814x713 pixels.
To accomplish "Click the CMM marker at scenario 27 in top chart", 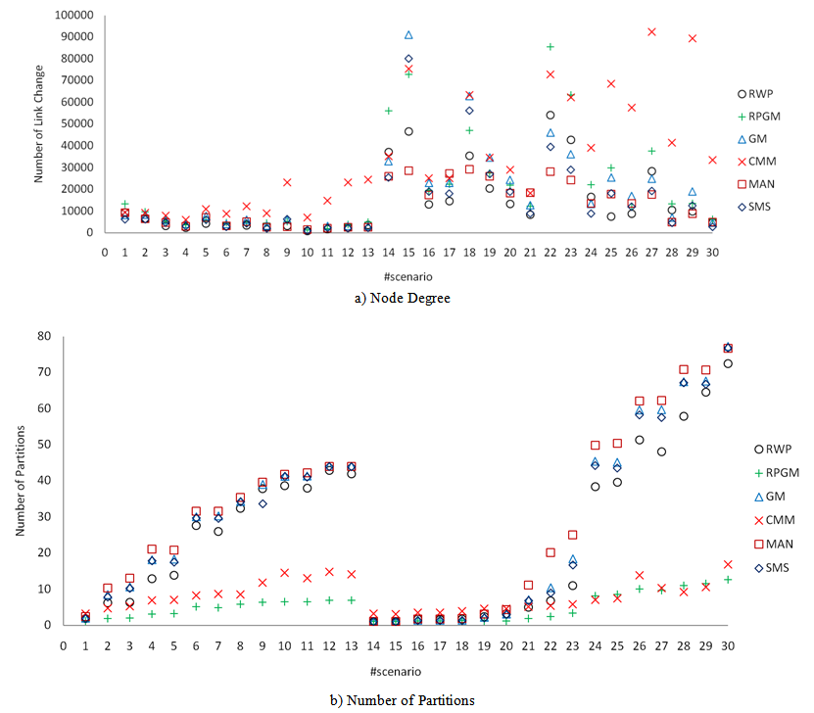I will [651, 31].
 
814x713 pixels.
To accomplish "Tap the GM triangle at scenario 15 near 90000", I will [408, 35].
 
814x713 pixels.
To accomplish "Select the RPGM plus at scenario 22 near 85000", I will [551, 46].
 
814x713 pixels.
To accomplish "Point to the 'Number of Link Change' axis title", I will [40, 123].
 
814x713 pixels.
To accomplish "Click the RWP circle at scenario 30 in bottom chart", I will [728, 363].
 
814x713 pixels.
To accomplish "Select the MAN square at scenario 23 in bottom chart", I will [573, 535].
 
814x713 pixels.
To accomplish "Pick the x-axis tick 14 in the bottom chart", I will [373, 645].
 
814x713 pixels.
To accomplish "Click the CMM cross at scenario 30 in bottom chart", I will [728, 564].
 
